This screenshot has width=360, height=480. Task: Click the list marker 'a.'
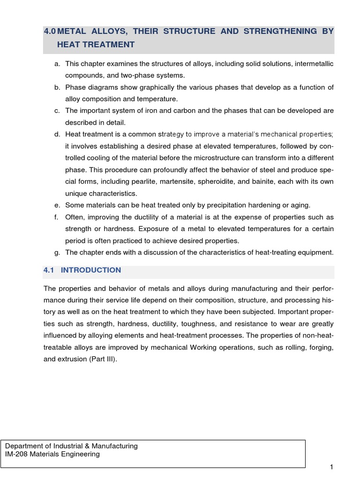pyautogui.click(x=57, y=63)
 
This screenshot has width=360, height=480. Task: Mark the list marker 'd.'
pyautogui.click(x=57, y=135)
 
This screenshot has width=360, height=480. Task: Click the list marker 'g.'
pyautogui.click(x=57, y=252)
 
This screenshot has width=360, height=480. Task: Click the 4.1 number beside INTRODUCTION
pyautogui.click(x=49, y=270)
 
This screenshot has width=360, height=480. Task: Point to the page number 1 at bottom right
pyautogui.click(x=331, y=467)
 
